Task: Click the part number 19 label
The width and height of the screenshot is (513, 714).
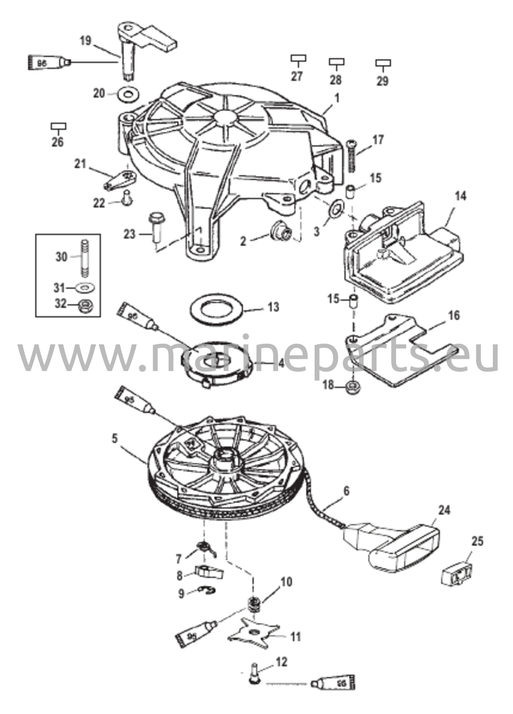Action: [x=85, y=41]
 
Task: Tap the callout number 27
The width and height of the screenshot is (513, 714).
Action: [x=297, y=76]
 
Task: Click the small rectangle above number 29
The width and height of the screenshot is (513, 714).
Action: [x=383, y=63]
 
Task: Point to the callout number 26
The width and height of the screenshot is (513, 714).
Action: [x=58, y=142]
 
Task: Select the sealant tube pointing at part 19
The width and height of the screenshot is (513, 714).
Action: [x=49, y=63]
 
